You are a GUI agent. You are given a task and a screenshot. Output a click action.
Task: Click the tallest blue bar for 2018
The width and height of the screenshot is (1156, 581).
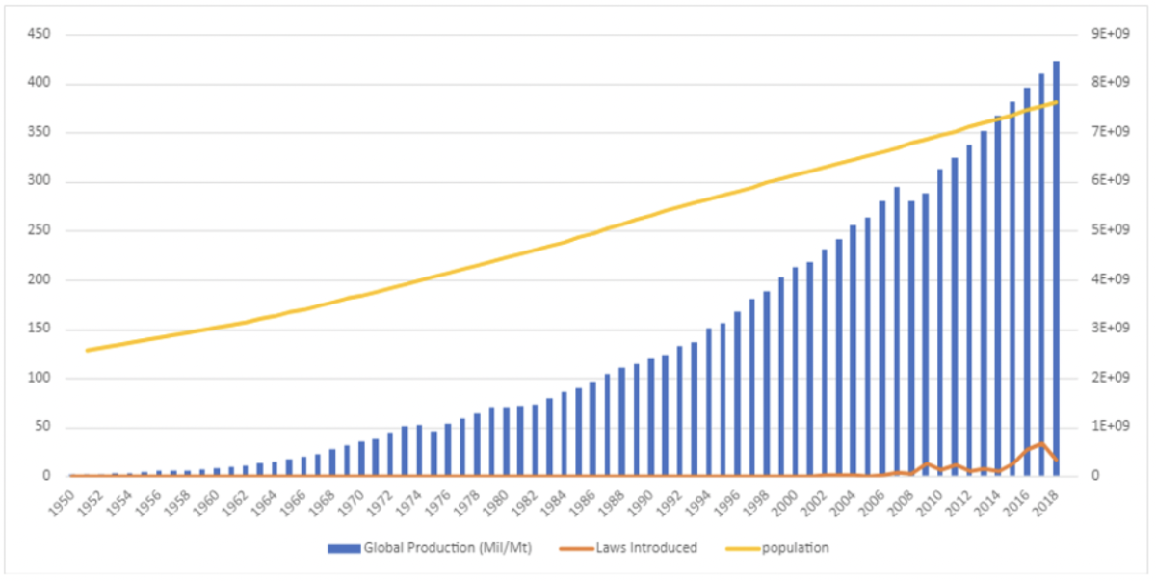[1056, 270]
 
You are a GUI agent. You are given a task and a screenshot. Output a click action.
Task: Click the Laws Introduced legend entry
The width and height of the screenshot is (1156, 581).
[642, 549]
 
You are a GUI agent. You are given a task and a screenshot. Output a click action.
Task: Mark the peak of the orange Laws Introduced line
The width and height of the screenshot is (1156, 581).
[1041, 444]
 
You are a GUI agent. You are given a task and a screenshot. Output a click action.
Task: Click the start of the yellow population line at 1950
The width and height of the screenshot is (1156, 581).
[88, 350]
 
